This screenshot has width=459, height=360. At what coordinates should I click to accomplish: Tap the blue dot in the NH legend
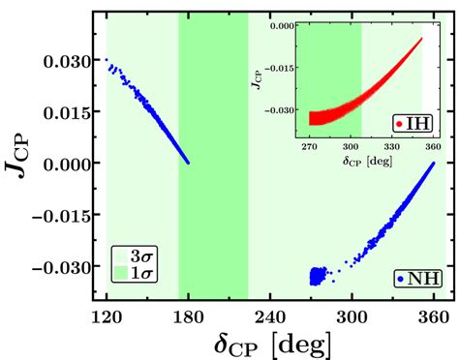(x=401, y=279)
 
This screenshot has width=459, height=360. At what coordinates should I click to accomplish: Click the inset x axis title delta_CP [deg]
(x=366, y=158)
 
